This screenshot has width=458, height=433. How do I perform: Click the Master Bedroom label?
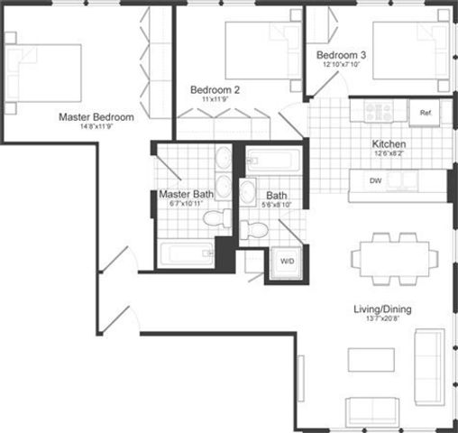[x=96, y=117]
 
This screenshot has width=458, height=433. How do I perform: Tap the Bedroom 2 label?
[x=215, y=89]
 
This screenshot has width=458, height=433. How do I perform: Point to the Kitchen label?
[x=389, y=143]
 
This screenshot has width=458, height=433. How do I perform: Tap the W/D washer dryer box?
[x=288, y=263]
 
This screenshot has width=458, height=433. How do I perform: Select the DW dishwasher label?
[x=374, y=181]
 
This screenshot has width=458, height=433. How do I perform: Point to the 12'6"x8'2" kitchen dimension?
[x=389, y=154]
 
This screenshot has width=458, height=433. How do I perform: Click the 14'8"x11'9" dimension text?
[x=96, y=128]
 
